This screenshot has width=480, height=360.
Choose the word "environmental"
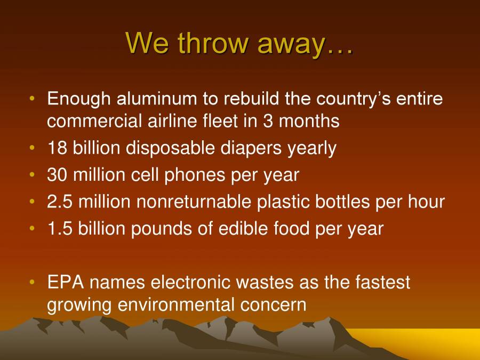[x=175, y=305]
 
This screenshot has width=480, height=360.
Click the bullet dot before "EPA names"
[x=33, y=282]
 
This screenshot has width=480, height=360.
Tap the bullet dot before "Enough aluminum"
[x=33, y=99]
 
